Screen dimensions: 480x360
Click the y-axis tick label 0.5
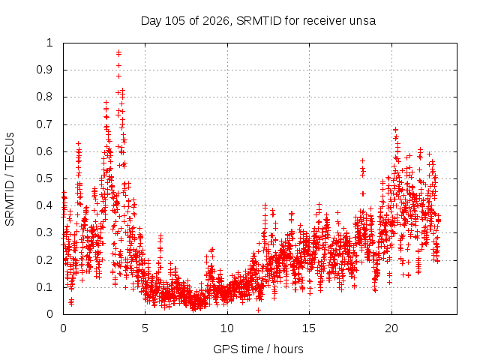click(x=45, y=178)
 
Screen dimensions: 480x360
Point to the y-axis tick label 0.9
click(x=45, y=70)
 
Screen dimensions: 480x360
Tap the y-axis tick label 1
click(x=50, y=43)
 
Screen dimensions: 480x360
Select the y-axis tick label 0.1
click(x=45, y=287)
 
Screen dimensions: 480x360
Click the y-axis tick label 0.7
click(x=45, y=124)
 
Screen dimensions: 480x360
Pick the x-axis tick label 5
click(x=145, y=328)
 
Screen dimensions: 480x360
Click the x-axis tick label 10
click(x=227, y=328)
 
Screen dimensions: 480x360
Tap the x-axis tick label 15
click(x=309, y=328)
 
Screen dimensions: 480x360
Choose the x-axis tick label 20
click(x=391, y=328)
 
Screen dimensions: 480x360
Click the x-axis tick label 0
click(x=63, y=328)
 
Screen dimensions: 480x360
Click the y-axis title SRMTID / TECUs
click(x=10, y=179)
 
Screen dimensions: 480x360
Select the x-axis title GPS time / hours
click(x=258, y=349)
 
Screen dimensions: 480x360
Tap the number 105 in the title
click(x=175, y=21)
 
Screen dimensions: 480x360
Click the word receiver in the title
click(x=326, y=21)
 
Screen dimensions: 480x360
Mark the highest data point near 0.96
click(x=118, y=52)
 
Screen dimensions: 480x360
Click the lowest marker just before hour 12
click(x=258, y=310)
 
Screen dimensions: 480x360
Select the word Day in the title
click(x=151, y=22)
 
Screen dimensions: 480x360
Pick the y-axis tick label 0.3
click(x=45, y=232)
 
